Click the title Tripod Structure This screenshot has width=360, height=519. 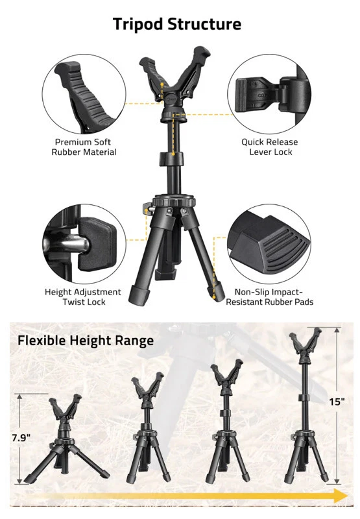pos(176,25)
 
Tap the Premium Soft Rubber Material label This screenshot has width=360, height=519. pos(85,147)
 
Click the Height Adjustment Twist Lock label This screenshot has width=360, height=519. pos(82,297)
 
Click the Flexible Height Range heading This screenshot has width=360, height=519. pos(85,341)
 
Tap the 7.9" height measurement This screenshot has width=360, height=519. pos(21,438)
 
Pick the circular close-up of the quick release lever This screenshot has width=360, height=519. pos(269,93)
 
